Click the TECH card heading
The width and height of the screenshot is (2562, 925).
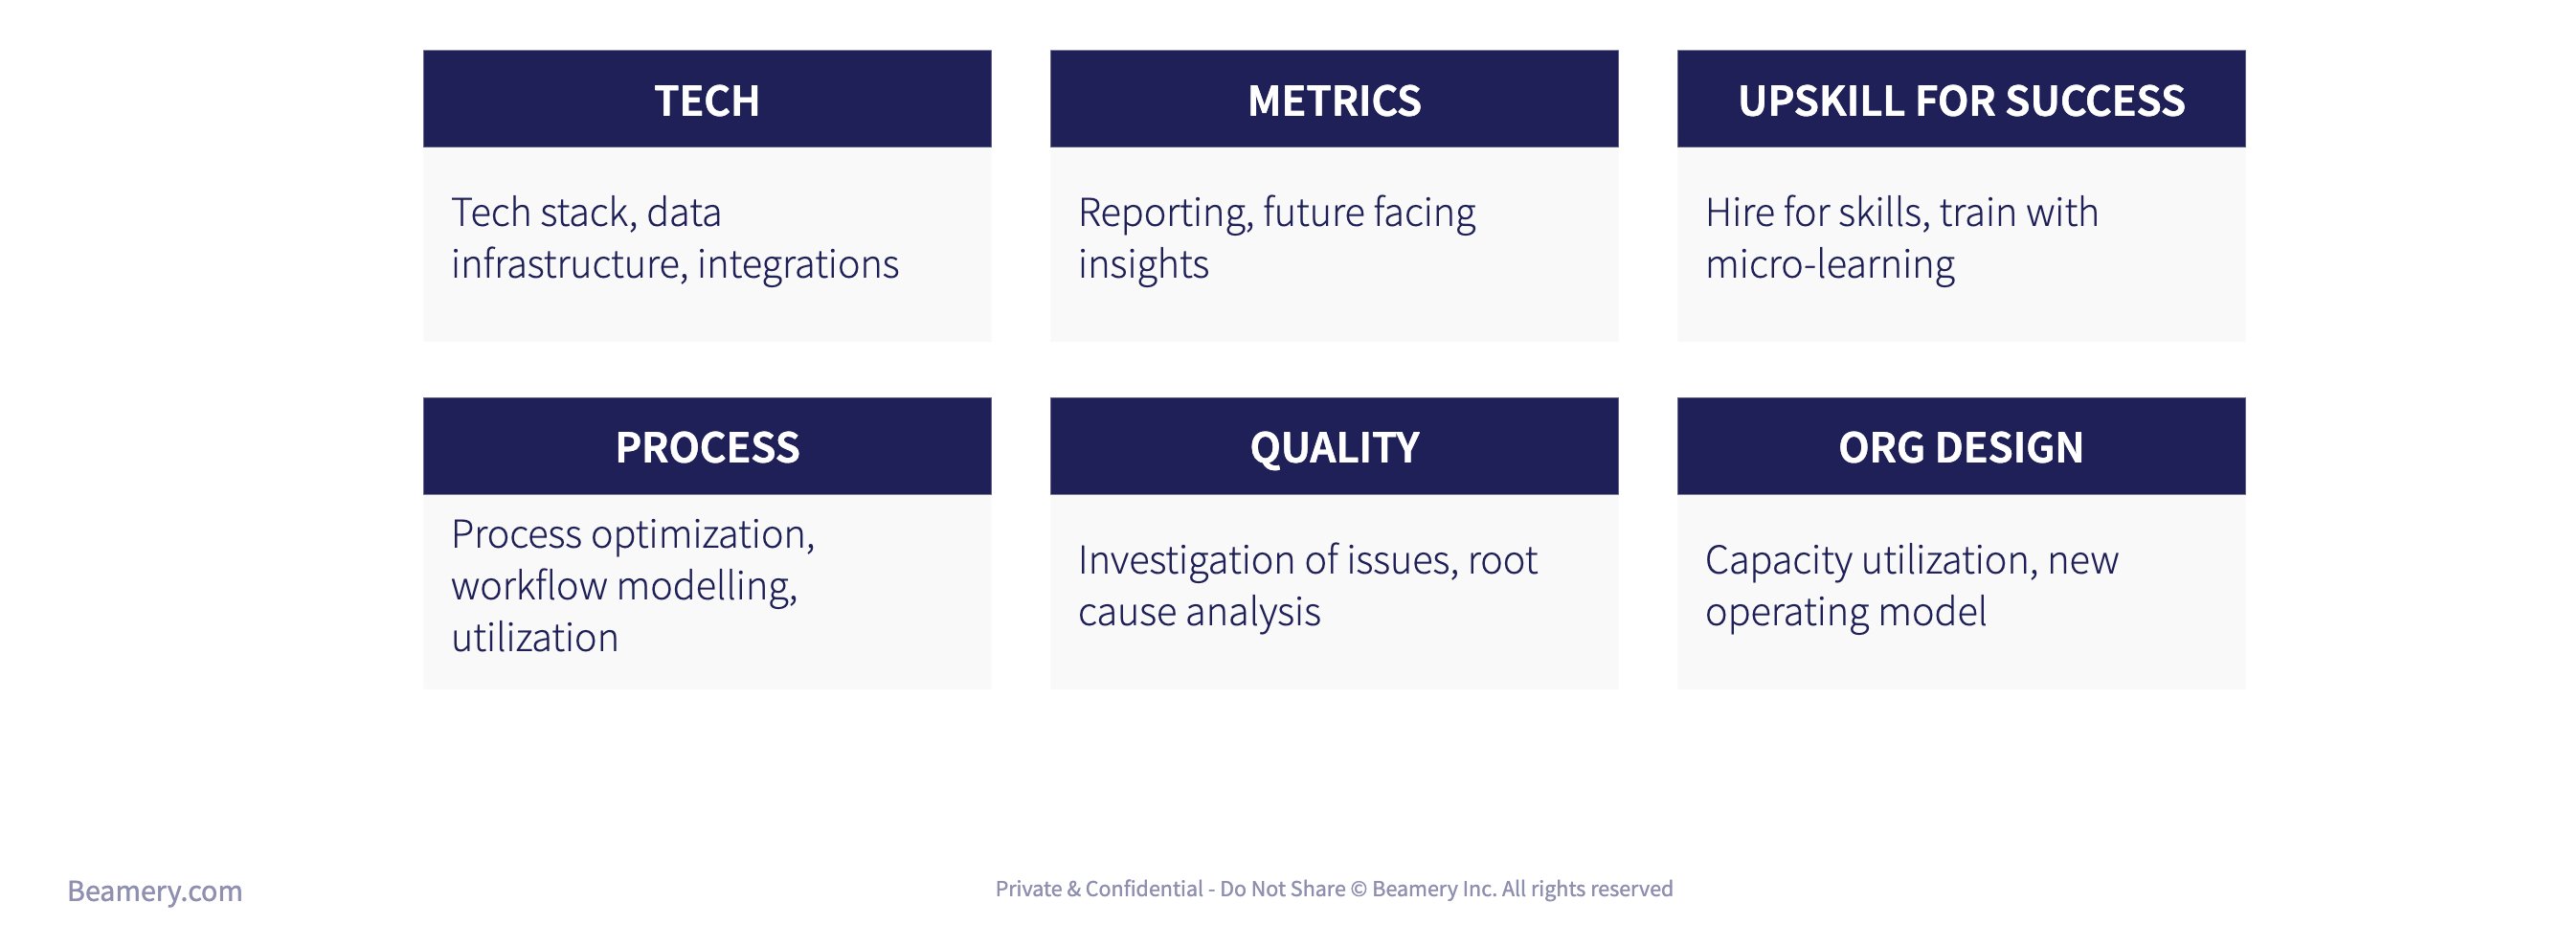[707, 101]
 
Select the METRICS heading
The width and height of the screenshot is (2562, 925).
[1334, 101]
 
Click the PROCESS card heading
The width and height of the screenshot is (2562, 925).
[707, 447]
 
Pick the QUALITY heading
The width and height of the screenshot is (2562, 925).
[1334, 448]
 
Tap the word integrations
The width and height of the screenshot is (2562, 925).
[798, 264]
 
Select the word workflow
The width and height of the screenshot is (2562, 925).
[528, 586]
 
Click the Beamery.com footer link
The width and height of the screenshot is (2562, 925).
[154, 891]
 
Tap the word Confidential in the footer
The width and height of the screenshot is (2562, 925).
[1144, 889]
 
